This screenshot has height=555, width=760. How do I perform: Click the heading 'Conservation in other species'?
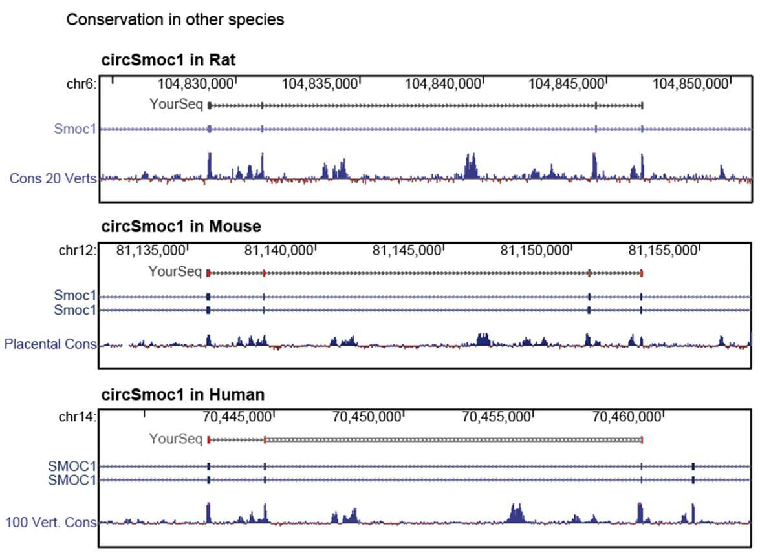pos(175,19)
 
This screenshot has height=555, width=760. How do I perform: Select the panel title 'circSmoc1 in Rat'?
pos(168,59)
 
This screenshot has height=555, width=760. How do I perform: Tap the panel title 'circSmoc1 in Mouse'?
pos(181,226)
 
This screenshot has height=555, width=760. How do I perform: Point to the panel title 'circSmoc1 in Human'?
pos(183,394)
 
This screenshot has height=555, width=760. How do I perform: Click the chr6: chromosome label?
pos(81,84)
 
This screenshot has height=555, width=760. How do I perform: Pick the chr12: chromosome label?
pos(78,251)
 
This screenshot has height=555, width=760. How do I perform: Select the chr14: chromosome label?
pos(78,417)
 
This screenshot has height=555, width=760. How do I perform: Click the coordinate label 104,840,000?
pos(443,84)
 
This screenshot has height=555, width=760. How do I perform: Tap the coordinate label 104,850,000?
pos(690,84)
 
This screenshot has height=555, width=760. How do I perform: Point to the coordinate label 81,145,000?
pos(407,251)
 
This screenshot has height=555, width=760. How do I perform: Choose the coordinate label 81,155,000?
pos(663,251)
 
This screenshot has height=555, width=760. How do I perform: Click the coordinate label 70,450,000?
pos(367,417)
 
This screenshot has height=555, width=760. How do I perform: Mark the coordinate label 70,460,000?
pos(627,417)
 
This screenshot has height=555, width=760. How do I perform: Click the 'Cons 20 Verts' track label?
pos(53,178)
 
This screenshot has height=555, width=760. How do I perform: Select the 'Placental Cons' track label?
pos(50,344)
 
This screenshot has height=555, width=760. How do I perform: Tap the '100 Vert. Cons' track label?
pos(51,522)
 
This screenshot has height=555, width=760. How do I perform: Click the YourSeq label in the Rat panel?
pos(176,104)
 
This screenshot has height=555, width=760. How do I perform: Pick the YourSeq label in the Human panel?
pos(175,439)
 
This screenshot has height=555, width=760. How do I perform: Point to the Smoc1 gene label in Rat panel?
pos(75,129)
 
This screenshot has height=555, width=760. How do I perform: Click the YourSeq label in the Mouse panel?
pos(175,271)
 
